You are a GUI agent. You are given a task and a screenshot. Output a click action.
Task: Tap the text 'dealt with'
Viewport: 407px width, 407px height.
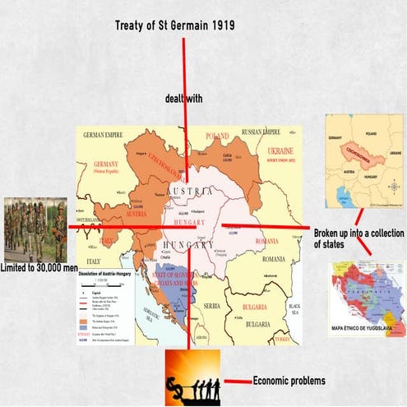pos(187,99)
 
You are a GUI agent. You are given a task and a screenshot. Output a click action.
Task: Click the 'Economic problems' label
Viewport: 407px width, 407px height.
pos(289,381)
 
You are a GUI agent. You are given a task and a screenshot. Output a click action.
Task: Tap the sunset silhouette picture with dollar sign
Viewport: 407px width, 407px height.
pos(192,376)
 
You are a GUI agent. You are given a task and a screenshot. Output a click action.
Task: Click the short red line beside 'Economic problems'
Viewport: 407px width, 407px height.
pos(238,381)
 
